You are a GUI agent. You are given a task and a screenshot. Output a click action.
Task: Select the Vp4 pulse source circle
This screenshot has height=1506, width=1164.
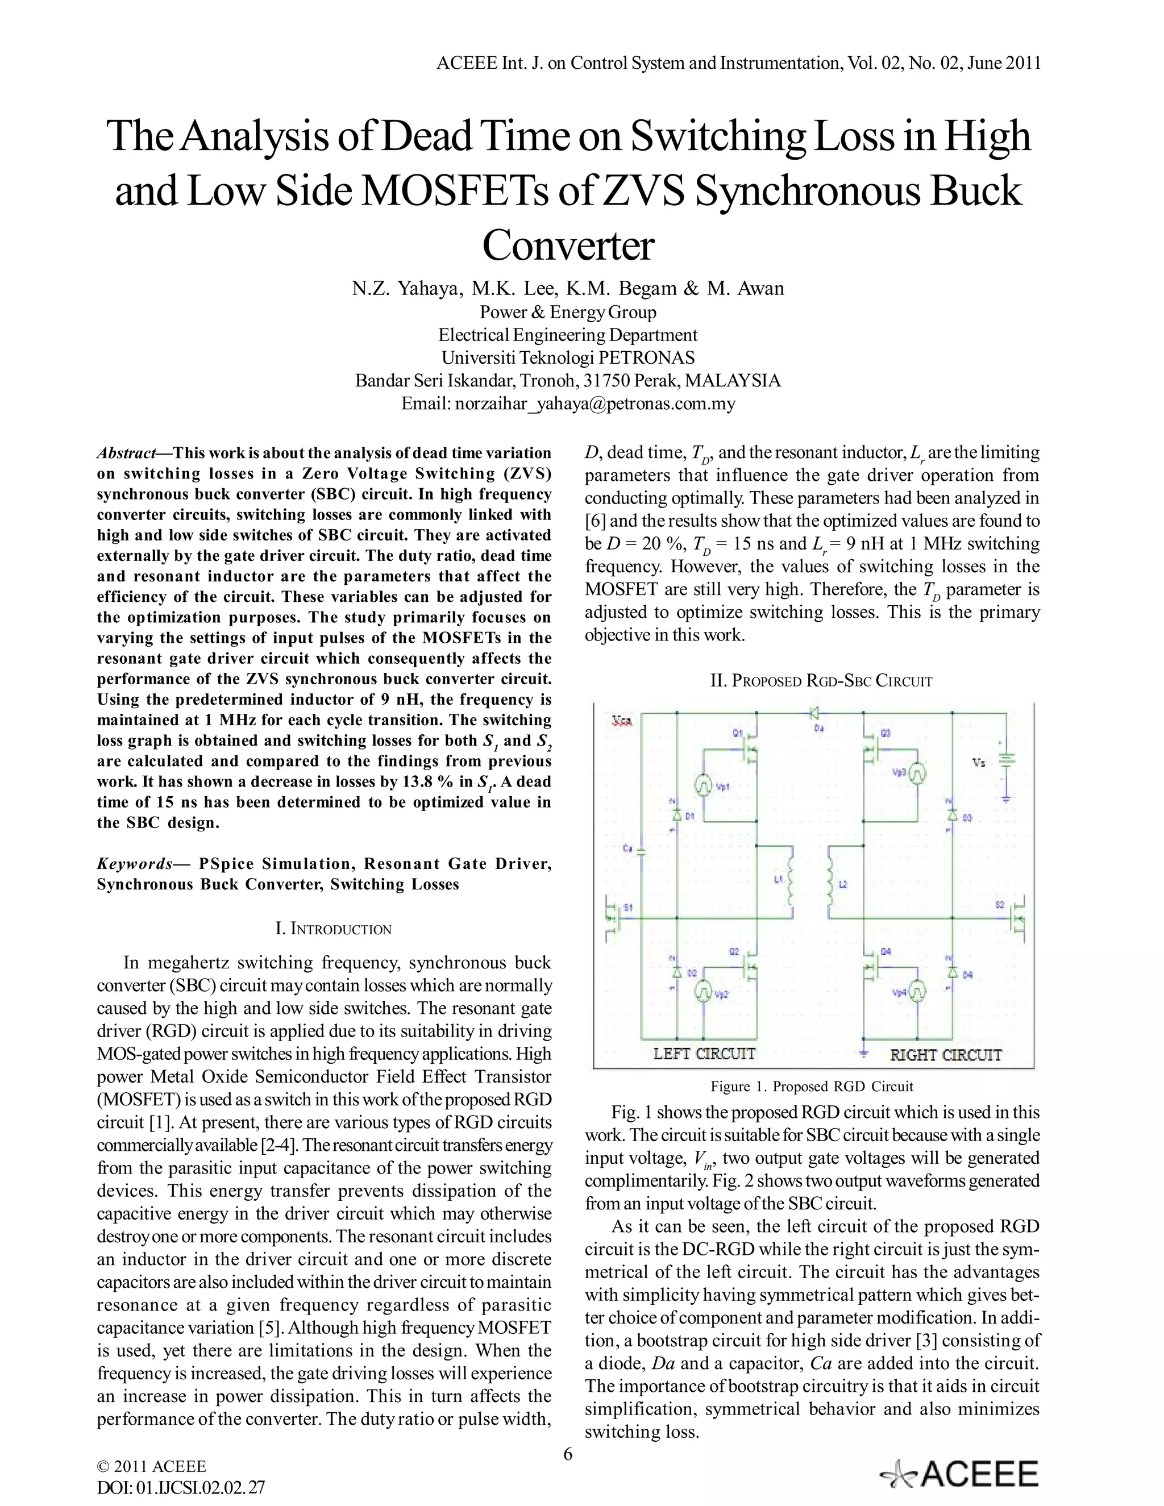(918, 992)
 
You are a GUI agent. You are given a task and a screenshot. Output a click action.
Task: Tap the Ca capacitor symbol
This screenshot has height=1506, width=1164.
(641, 851)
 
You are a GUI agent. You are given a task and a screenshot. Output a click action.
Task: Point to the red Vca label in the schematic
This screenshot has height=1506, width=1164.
(625, 721)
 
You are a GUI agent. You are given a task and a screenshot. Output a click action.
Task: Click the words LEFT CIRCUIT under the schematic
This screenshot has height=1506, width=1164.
(704, 1054)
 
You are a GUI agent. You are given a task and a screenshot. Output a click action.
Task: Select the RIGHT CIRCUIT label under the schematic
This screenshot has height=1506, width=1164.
(945, 1054)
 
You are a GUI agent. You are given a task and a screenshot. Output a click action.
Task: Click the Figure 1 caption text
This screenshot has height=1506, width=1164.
(812, 1087)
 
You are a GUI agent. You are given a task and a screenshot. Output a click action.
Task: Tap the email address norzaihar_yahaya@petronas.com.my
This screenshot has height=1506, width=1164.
(595, 403)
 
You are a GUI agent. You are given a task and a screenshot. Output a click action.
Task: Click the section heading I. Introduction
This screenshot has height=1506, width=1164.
(333, 929)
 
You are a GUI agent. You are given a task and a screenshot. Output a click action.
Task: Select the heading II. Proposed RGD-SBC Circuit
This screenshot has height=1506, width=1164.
(821, 681)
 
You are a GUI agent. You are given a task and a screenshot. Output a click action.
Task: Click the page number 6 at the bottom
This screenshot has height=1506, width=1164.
(568, 1454)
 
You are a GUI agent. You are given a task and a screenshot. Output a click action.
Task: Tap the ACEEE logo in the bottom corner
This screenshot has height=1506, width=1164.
(959, 1474)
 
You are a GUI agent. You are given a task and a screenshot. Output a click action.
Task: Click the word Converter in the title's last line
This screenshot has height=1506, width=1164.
(568, 246)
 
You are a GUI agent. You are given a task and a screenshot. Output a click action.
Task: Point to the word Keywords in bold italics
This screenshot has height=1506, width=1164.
(135, 864)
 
